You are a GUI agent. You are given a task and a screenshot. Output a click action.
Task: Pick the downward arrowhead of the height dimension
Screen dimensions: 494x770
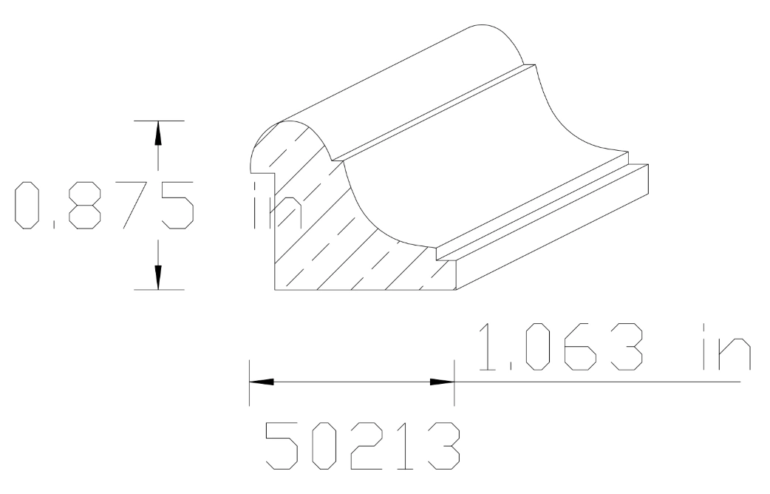[x=157, y=277]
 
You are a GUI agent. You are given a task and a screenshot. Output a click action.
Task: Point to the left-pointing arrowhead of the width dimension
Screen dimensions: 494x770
[x=262, y=382]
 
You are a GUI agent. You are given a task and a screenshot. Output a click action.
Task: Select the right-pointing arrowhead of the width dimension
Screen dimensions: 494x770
[x=441, y=382]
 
